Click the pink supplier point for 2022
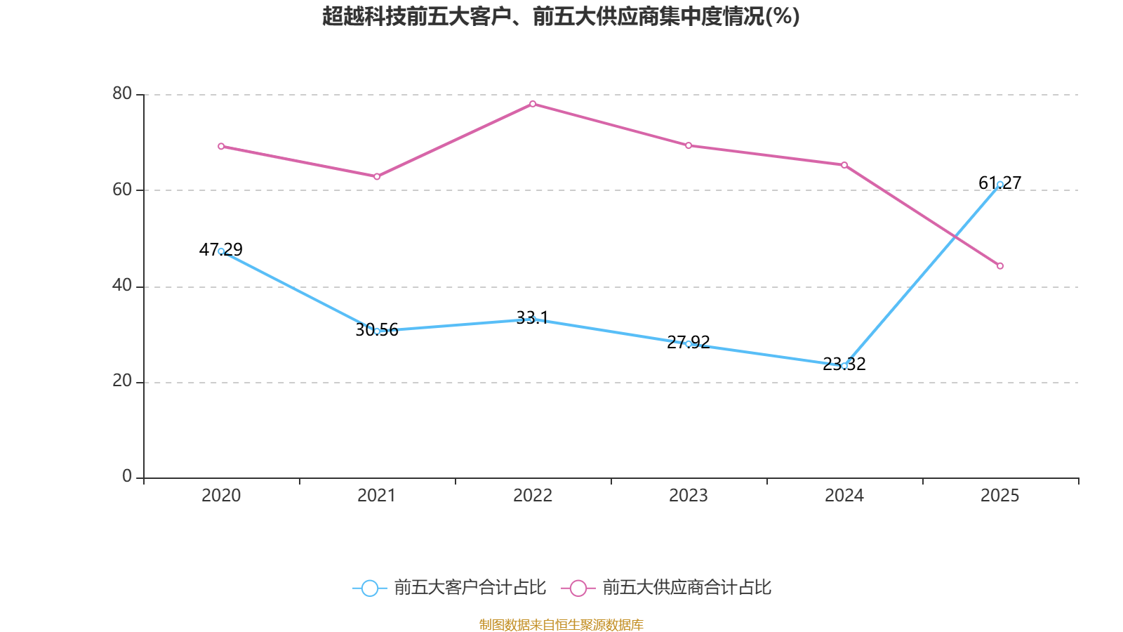coord(533,104)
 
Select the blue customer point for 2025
coord(1000,184)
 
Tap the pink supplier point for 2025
coord(1000,266)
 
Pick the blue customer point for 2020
coord(221,251)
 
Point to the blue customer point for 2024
coord(844,366)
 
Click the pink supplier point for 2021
coord(377,176)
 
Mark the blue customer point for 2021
coord(377,331)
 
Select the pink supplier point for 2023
coord(689,145)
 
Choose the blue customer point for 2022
coord(533,320)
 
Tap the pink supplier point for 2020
coord(221,146)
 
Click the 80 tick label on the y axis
coord(122,94)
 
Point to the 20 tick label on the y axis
coord(122,381)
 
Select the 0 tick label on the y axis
coord(127,477)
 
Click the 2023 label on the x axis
coord(689,496)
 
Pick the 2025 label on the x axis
coord(1000,496)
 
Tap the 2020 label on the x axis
coord(221,496)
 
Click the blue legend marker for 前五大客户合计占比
coord(369,588)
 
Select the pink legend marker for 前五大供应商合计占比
coord(578,588)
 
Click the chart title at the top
coord(561,16)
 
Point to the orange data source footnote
coord(561,624)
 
